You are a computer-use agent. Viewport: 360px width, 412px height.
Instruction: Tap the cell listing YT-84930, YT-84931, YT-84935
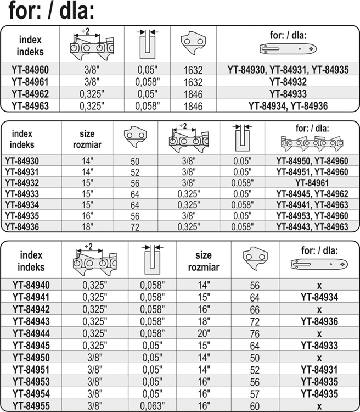(288, 70)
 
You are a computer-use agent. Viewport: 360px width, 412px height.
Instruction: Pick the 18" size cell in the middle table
(87, 226)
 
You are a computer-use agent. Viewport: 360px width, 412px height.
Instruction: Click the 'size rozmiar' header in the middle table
(87, 139)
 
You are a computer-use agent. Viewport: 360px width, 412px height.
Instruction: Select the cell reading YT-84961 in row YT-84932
(311, 182)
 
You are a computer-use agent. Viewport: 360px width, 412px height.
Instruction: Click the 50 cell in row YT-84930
(134, 160)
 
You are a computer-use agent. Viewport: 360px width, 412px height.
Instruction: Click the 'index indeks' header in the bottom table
(31, 261)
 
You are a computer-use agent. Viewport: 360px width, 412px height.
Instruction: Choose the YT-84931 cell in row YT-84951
(318, 369)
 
